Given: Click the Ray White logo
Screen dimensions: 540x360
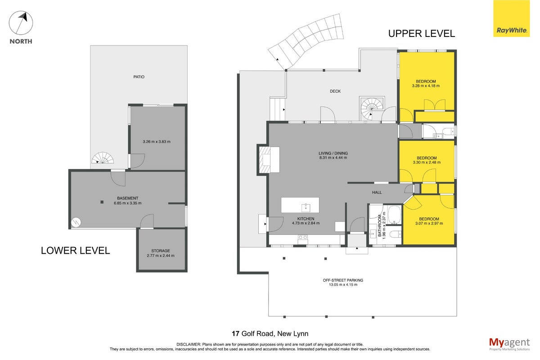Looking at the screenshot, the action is tap(511, 18).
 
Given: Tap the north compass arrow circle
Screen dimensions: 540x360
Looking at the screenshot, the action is tap(21, 23).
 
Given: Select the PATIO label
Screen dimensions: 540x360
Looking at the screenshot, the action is tap(139, 77).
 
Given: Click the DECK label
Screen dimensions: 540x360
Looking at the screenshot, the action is tap(335, 91).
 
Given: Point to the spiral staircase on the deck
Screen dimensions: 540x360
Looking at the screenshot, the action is tap(372, 108).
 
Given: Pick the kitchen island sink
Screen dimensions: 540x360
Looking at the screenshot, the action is tap(306, 207).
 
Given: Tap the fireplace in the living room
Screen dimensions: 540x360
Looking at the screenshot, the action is tap(265, 160).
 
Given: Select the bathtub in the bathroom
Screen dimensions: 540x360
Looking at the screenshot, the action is tap(394, 215).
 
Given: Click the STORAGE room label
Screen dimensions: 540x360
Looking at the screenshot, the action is tap(161, 251).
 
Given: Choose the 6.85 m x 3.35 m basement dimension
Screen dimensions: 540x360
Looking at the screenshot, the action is tap(128, 203).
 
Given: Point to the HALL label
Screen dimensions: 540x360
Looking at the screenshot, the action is tap(377, 193).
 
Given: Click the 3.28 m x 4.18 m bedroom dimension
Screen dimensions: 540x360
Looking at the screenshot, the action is tap(426, 86).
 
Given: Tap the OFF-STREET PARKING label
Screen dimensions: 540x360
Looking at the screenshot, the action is tap(343, 280).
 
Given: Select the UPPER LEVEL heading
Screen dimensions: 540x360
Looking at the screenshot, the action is tap(422, 33).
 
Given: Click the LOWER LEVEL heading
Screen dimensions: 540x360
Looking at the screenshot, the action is tap(76, 251).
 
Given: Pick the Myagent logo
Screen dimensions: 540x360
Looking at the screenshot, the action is tap(509, 344).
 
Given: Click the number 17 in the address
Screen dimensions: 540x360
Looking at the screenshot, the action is tap(235, 334).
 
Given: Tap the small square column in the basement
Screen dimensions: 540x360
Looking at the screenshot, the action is tap(102, 202).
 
